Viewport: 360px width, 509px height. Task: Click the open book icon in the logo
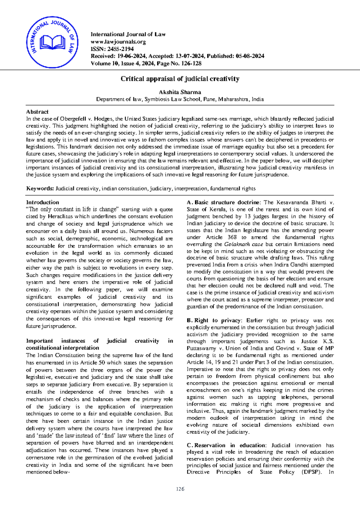pyautogui.click(x=52, y=42)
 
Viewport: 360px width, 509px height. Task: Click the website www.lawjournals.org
pyautogui.click(x=118, y=42)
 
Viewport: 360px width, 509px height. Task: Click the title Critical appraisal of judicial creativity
pyautogui.click(x=180, y=79)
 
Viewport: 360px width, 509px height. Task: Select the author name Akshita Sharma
pyautogui.click(x=180, y=92)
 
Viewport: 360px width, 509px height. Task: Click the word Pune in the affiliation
pyautogui.click(x=209, y=99)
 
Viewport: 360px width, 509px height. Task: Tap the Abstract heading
pyautogui.click(x=37, y=112)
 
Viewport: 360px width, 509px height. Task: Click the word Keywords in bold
pyautogui.click(x=40, y=188)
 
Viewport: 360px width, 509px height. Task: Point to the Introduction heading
pyautogui.click(x=43, y=202)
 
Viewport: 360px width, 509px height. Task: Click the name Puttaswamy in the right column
pyautogui.click(x=201, y=348)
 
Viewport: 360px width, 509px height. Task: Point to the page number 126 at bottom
pyautogui.click(x=180, y=489)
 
